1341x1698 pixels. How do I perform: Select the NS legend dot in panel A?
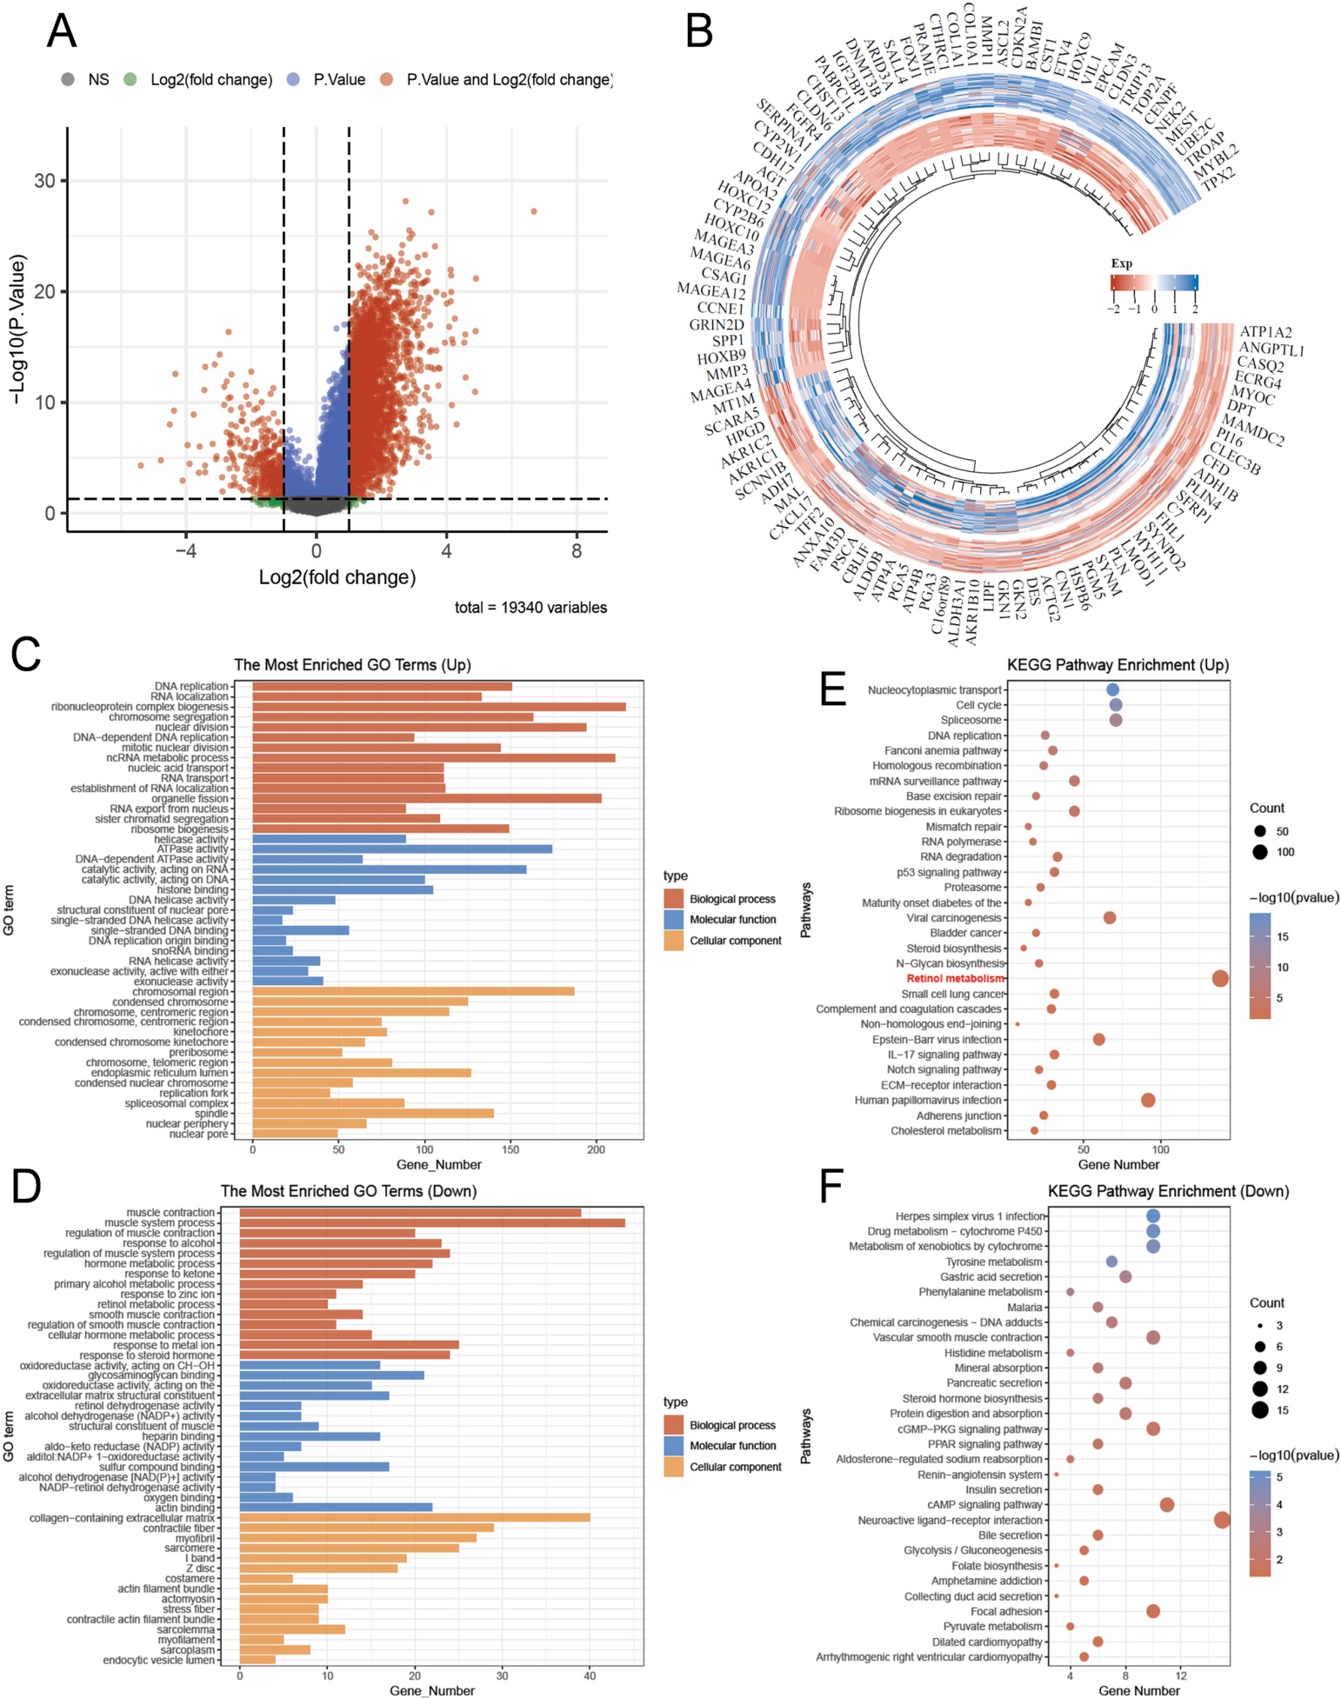pyautogui.click(x=68, y=80)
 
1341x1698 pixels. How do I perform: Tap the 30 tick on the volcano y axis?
pyautogui.click(x=44, y=181)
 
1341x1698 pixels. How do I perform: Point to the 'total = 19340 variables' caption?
pyautogui.click(x=530, y=608)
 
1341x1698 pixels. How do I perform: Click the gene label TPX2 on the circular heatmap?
pyautogui.click(x=1218, y=176)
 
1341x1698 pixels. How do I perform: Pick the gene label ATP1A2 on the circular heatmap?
pyautogui.click(x=1265, y=332)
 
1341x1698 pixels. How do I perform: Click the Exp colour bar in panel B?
pyautogui.click(x=1154, y=283)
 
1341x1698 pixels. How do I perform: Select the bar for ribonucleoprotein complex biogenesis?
pyautogui.click(x=439, y=707)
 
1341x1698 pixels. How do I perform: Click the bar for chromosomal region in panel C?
pyautogui.click(x=413, y=992)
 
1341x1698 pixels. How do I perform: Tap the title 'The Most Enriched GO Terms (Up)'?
pyautogui.click(x=352, y=665)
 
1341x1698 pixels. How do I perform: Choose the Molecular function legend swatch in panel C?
pyautogui.click(x=674, y=920)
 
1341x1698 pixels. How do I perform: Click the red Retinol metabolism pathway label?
pyautogui.click(x=955, y=979)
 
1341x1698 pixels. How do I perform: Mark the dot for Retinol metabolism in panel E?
pyautogui.click(x=1220, y=979)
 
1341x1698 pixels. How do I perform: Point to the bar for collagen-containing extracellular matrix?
pyautogui.click(x=415, y=1518)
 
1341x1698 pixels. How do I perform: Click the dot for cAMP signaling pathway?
pyautogui.click(x=1167, y=1505)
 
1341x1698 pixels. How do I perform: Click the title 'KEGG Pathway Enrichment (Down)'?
pyautogui.click(x=1168, y=1191)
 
